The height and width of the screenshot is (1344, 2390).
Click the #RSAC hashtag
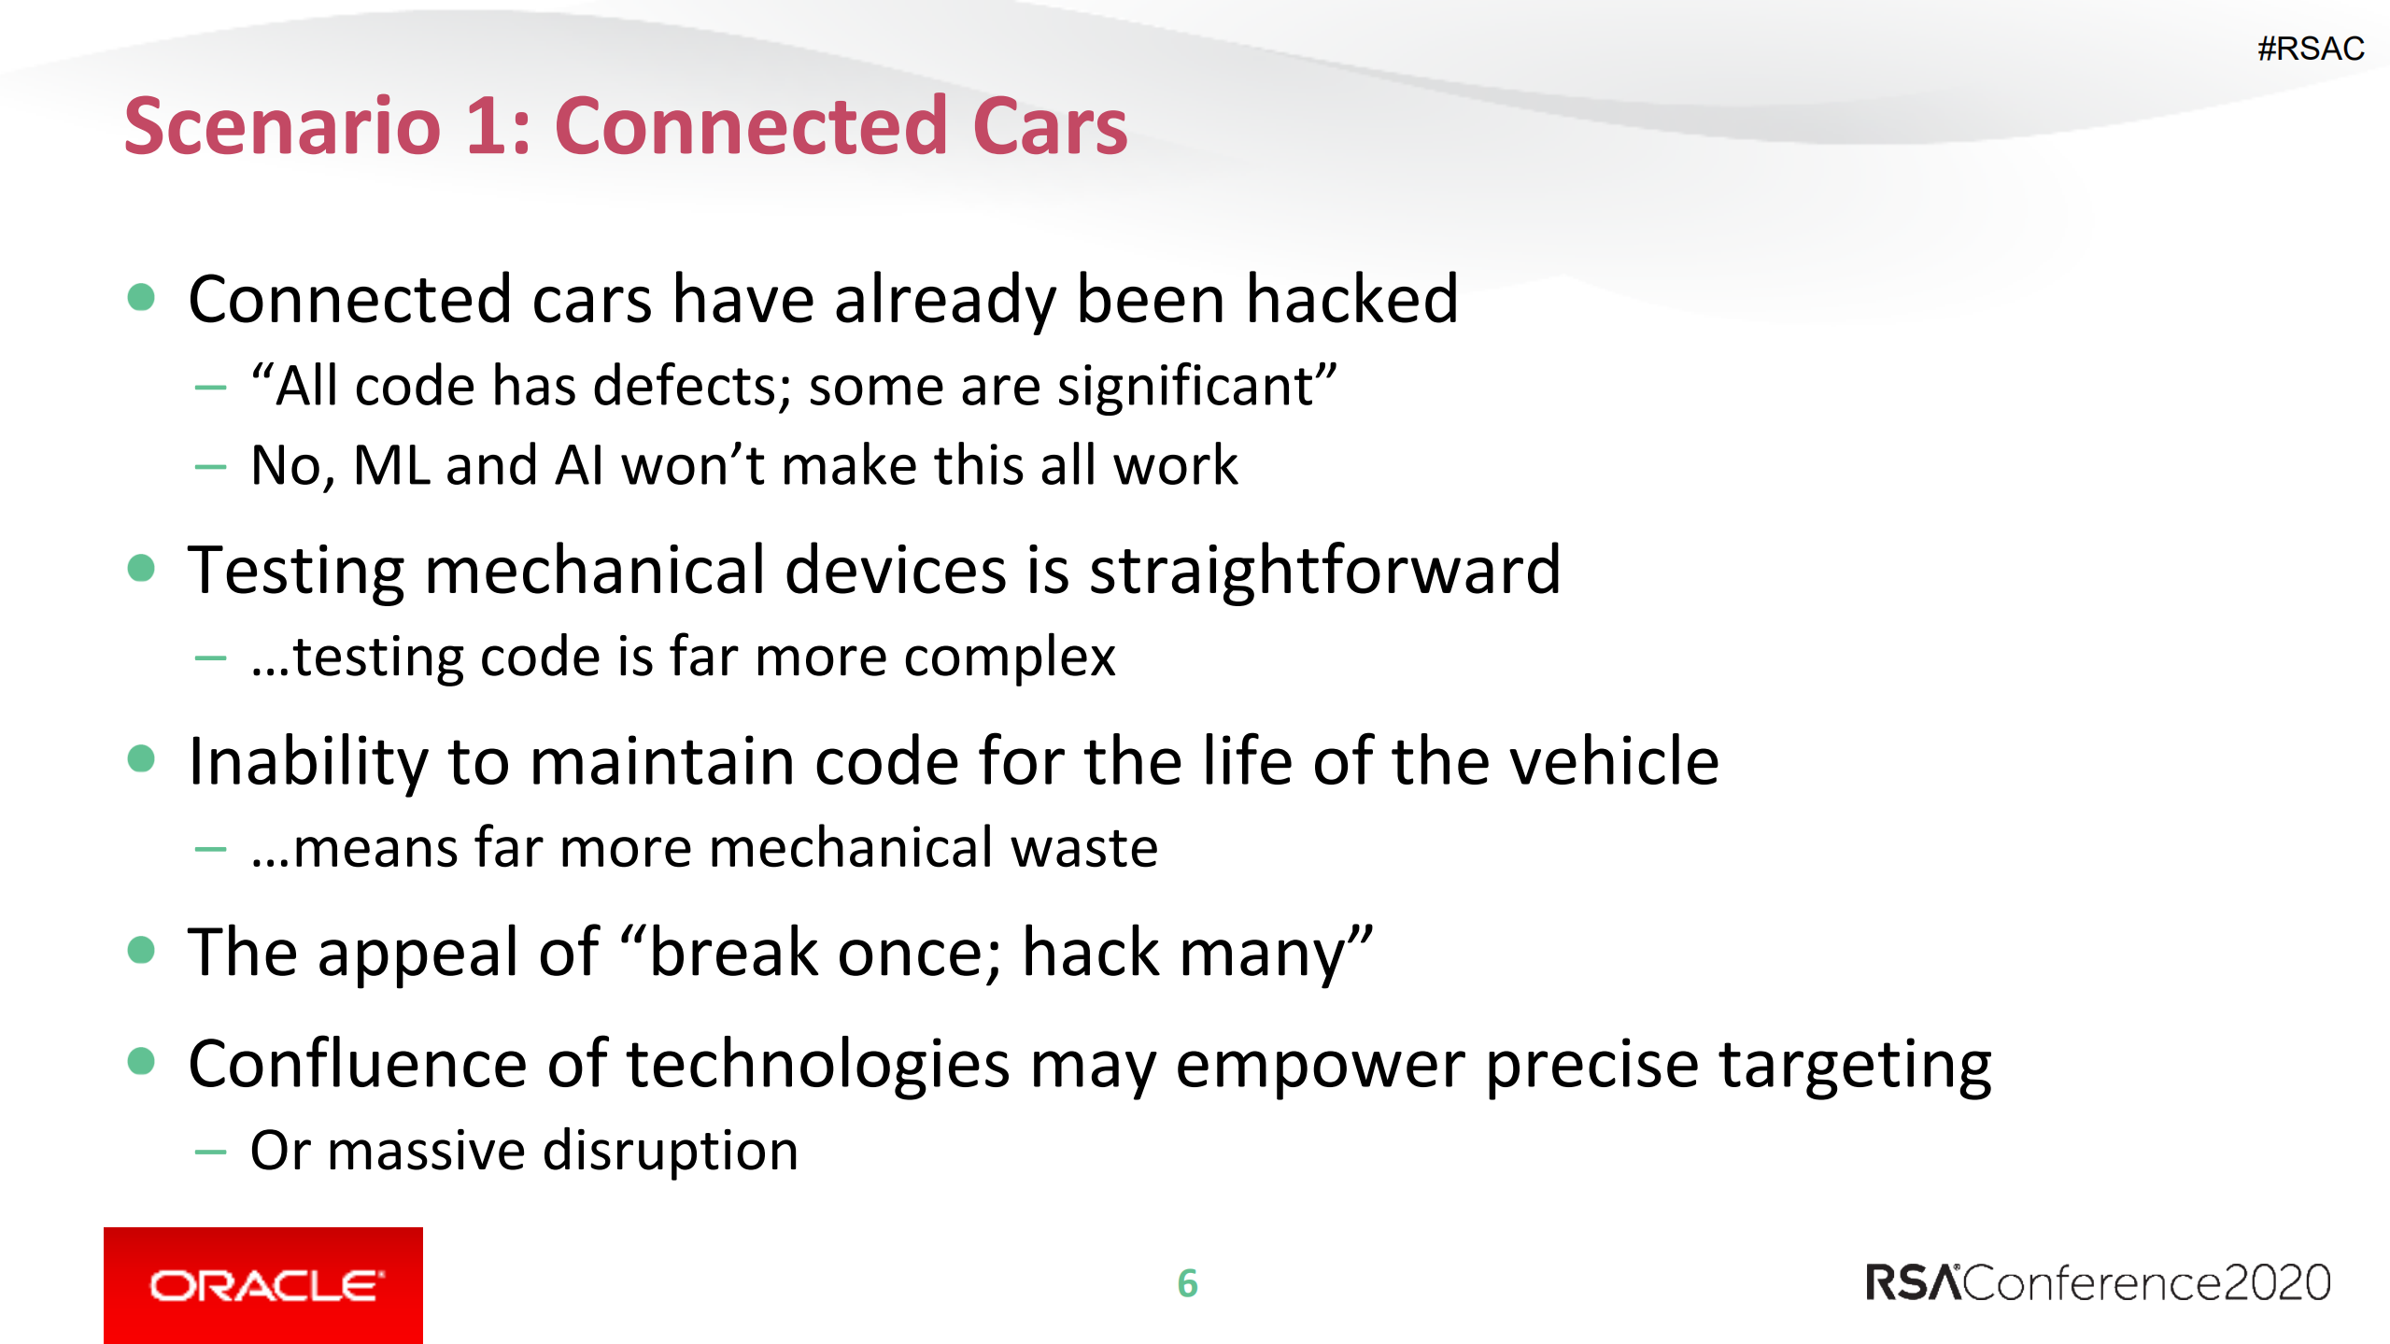pyautogui.click(x=2311, y=49)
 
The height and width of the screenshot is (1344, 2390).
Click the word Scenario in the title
pyautogui.click(x=282, y=126)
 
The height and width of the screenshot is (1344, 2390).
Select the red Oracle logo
pyautogui.click(x=263, y=1285)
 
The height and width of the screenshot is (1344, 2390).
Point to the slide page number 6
pyautogui.click(x=1188, y=1283)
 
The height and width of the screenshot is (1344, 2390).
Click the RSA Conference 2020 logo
pyautogui.click(x=2098, y=1282)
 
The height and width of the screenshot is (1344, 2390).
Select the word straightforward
pyautogui.click(x=1324, y=570)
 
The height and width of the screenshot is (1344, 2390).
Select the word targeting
pyautogui.click(x=1855, y=1066)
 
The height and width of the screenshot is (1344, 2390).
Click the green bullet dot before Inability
pyautogui.click(x=141, y=758)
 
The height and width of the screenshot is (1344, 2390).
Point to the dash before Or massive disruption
pyautogui.click(x=210, y=1153)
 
